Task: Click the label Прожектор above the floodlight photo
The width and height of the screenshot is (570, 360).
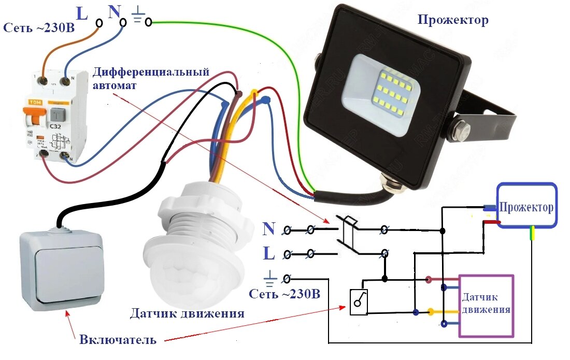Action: pos(453,21)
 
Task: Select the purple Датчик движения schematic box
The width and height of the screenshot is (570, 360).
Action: pos(486,306)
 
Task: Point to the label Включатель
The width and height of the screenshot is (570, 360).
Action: pos(118,340)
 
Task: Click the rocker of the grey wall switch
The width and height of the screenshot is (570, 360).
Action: pos(60,269)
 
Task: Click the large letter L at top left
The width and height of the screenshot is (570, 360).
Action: pos(82,12)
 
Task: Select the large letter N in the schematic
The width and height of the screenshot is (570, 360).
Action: pos(269,228)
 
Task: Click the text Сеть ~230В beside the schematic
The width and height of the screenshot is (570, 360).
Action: pos(284,294)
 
